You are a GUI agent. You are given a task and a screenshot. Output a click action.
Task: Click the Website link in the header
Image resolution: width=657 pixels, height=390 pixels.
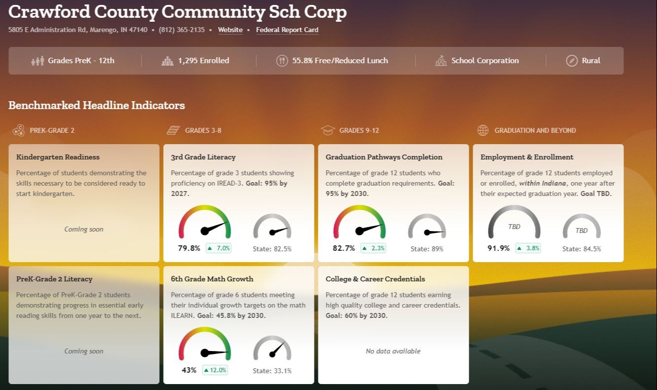(x=230, y=30)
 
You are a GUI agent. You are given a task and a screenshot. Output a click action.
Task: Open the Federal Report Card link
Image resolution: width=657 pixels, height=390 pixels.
(x=287, y=30)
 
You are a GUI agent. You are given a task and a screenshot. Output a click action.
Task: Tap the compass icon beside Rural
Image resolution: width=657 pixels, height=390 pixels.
(x=571, y=61)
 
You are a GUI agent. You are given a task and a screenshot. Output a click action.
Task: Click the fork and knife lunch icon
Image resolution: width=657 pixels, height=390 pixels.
(x=282, y=61)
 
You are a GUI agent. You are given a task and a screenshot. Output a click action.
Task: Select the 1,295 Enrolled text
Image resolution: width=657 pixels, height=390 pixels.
(x=203, y=61)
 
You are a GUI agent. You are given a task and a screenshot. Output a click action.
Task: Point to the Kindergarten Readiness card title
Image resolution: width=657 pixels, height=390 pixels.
(x=58, y=157)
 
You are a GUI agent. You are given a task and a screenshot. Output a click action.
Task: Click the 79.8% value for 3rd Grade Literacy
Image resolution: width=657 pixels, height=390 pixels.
(x=189, y=248)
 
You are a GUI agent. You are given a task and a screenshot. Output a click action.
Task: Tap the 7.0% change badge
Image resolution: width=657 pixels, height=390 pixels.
(x=218, y=248)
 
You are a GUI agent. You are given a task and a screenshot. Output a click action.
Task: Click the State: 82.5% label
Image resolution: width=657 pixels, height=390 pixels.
(x=272, y=249)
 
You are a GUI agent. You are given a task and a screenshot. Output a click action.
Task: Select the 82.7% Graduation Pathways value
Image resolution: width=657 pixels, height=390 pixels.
(x=344, y=248)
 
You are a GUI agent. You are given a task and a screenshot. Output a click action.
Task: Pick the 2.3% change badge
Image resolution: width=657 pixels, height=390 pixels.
(x=373, y=248)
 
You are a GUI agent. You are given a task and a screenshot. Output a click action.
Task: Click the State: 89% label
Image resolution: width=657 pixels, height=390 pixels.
(x=427, y=249)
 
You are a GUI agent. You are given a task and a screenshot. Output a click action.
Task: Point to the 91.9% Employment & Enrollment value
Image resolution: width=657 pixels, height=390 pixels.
(x=498, y=248)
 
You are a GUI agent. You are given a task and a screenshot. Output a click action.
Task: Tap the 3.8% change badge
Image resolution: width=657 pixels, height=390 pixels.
(x=528, y=248)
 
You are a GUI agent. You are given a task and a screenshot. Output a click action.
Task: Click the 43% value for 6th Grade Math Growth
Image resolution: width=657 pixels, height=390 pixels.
(x=189, y=370)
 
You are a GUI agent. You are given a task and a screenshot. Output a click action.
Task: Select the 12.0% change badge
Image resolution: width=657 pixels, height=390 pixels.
(x=216, y=370)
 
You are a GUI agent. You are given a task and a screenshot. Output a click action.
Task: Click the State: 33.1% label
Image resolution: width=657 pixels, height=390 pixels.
(x=272, y=371)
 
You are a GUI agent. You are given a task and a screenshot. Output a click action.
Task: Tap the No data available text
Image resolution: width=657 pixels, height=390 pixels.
(x=393, y=351)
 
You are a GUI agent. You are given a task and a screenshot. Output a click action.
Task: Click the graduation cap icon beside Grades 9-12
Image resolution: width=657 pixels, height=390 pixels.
(x=328, y=130)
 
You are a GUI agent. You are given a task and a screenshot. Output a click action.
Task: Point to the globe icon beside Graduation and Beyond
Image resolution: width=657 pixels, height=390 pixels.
(x=483, y=130)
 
